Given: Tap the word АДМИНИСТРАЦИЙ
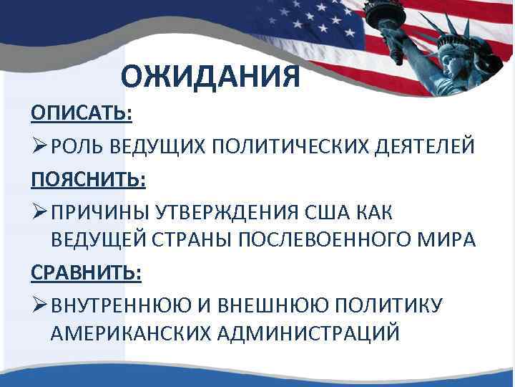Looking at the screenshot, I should tap(323, 335).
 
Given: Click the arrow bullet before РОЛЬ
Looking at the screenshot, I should tap(39, 146).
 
